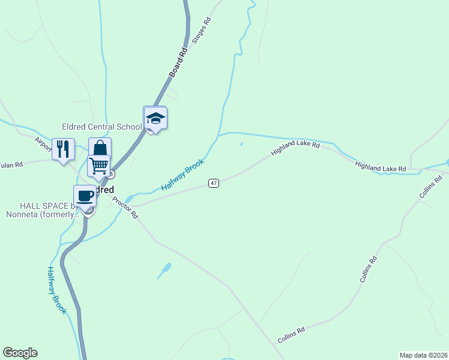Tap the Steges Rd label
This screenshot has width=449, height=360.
(201, 31)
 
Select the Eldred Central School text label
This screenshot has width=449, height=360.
(101, 127)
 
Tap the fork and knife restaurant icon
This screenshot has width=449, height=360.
(63, 148)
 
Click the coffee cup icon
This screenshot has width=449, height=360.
(85, 196)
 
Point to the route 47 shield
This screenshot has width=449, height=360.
(213, 182)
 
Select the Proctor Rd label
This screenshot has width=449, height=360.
(125, 207)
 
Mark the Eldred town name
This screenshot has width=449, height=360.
(103, 190)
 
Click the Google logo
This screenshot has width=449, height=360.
(20, 353)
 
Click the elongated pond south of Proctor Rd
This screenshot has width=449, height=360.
(164, 270)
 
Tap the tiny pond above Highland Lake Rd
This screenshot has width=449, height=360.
(241, 144)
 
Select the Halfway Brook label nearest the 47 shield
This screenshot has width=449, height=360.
(182, 175)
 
